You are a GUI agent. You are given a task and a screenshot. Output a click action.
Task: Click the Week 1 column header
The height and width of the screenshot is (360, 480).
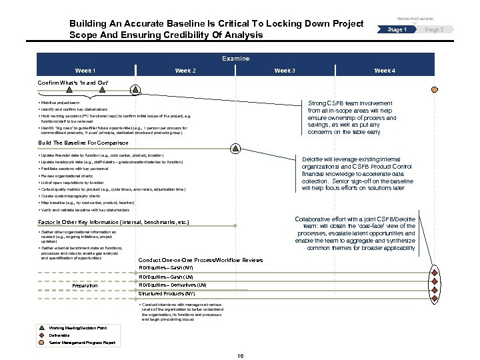tap(85, 71)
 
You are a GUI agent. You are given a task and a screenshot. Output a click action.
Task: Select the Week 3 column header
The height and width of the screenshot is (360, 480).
tap(285, 71)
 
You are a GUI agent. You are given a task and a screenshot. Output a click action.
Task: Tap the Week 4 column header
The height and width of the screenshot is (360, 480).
tap(385, 71)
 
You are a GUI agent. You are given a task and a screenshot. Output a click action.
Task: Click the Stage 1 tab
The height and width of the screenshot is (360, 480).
tap(397, 30)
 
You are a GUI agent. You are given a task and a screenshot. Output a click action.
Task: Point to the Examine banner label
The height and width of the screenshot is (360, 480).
tap(235, 59)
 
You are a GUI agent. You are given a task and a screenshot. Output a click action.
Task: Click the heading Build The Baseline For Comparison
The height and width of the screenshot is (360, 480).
tap(83, 143)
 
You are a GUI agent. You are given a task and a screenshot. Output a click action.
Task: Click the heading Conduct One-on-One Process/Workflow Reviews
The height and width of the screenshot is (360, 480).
tap(200, 259)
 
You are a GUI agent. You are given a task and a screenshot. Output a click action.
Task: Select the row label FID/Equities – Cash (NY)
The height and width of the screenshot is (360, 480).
tap(166, 267)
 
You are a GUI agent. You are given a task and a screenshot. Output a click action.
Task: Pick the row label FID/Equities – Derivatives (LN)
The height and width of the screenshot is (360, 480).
tap(173, 285)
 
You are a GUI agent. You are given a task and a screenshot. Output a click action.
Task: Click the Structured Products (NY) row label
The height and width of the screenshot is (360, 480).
tap(167, 293)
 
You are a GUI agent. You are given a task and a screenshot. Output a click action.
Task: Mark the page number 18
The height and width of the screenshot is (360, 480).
tap(240, 356)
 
